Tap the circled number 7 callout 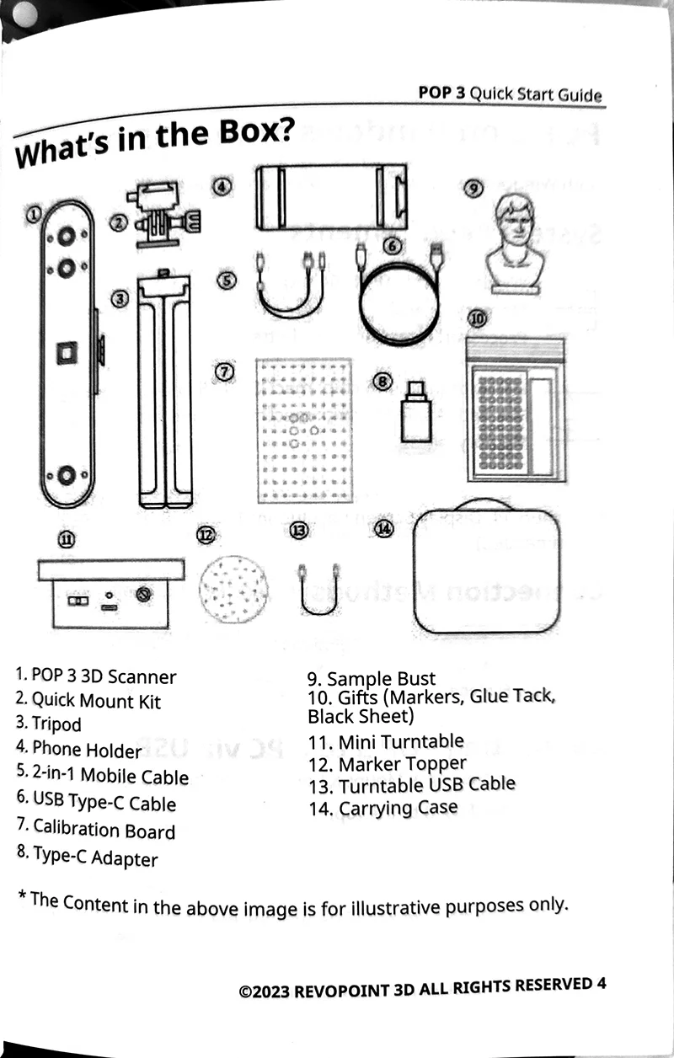[x=223, y=371]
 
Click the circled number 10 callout [x=477, y=318]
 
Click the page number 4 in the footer [x=601, y=983]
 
